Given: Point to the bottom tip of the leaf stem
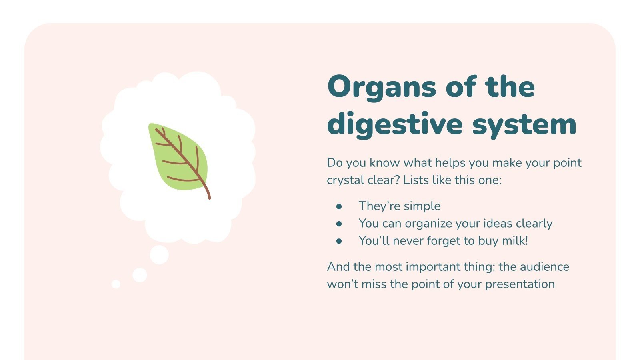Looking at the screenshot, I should click(x=209, y=197).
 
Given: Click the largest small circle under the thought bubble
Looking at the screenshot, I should click(x=159, y=255).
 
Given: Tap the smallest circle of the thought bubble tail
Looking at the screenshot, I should click(x=116, y=284).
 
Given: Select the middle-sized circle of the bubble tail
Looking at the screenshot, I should click(x=140, y=275).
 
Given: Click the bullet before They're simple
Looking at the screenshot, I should click(x=339, y=206).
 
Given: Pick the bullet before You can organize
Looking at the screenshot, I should click(x=339, y=224).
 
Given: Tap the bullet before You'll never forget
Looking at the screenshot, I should click(x=339, y=241).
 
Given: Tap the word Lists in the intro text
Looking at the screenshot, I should click(x=416, y=180).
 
